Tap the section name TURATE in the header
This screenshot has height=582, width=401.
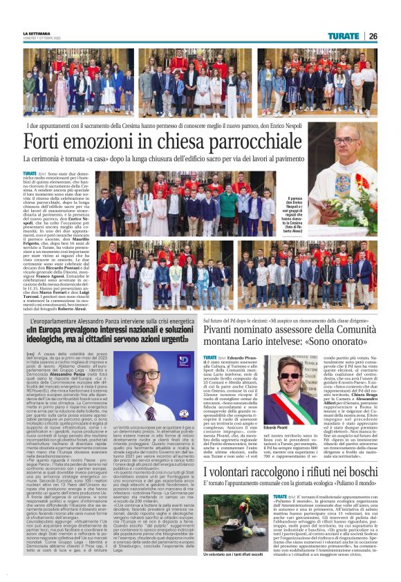[x=344, y=36]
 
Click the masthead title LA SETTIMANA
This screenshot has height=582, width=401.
[x=36, y=33]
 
